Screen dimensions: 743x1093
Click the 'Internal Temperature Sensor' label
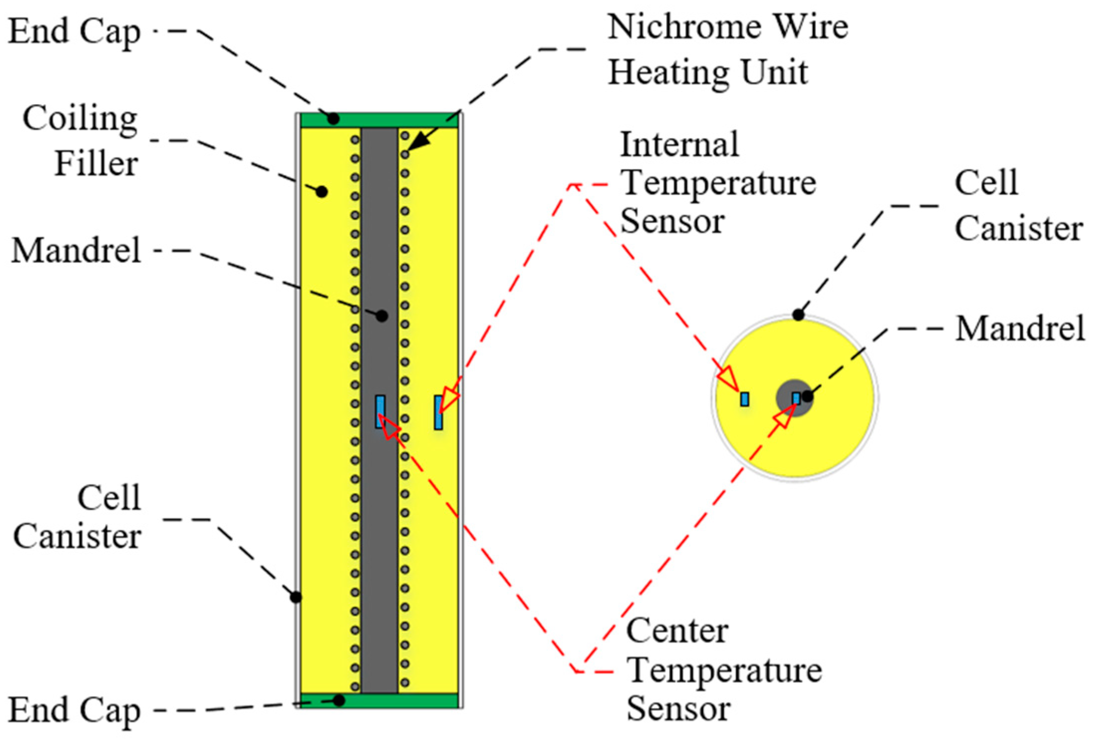click(x=717, y=182)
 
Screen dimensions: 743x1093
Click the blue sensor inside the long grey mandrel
click(x=380, y=412)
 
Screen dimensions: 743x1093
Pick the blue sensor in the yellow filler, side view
click(x=438, y=413)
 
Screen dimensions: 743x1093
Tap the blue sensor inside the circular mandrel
click(x=796, y=399)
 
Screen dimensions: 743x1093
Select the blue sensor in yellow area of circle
click(x=744, y=399)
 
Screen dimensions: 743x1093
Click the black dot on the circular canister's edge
click(x=798, y=315)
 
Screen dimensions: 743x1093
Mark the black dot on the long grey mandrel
click(x=382, y=315)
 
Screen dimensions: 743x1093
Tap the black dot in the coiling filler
click(x=322, y=191)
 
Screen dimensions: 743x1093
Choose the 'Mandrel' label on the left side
click(x=76, y=251)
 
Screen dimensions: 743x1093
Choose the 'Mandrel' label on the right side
click(x=1019, y=329)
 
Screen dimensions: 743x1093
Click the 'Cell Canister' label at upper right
click(x=1018, y=205)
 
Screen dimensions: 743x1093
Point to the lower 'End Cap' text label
click(x=75, y=711)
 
